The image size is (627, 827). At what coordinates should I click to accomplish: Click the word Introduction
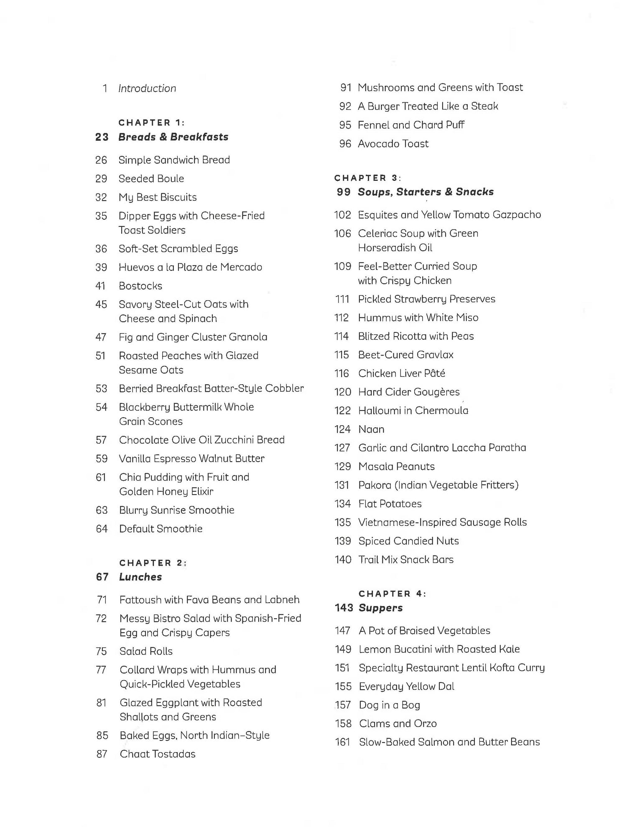(147, 89)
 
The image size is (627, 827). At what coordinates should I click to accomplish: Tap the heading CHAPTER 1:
(152, 123)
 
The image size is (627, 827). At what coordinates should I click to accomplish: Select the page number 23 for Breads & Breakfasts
(102, 137)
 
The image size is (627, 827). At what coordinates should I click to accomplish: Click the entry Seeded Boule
(151, 179)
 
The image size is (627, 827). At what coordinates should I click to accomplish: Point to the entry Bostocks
(140, 286)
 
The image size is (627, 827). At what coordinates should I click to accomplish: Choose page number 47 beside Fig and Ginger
(101, 337)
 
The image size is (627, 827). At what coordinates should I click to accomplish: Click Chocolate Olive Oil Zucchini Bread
(201, 440)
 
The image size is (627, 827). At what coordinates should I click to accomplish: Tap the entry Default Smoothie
(161, 529)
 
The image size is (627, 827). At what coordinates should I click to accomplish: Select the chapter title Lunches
(140, 577)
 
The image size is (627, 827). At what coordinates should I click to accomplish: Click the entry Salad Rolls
(146, 651)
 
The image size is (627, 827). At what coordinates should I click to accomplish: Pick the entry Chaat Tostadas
(158, 754)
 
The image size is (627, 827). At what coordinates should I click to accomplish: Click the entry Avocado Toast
(393, 144)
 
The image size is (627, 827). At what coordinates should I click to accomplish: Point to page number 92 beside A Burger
(345, 107)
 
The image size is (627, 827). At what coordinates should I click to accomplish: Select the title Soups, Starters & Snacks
(426, 192)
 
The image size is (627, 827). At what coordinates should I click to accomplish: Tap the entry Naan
(371, 429)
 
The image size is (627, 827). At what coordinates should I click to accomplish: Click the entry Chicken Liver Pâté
(402, 373)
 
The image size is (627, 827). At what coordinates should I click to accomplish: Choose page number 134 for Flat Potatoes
(343, 504)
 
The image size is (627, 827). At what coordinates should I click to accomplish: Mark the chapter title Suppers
(380, 608)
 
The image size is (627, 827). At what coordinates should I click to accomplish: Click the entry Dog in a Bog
(390, 705)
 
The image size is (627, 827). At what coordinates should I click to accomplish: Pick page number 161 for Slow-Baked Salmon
(342, 742)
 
